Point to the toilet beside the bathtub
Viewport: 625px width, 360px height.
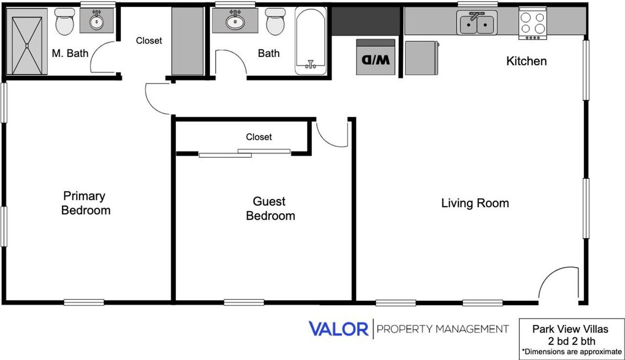point(274,22)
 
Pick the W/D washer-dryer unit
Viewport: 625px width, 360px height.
point(375,58)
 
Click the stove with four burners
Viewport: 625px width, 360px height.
point(532,23)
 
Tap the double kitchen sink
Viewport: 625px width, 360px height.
point(477,23)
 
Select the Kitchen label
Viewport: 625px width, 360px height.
point(526,61)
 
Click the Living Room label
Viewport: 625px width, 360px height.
point(475,203)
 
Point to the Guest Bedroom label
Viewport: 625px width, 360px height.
point(270,209)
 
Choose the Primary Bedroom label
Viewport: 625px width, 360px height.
point(85,203)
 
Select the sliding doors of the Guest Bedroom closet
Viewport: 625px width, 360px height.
point(244,153)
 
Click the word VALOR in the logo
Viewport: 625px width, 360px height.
point(338,329)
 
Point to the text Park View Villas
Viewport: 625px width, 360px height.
point(571,330)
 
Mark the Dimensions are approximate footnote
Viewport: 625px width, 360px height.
point(571,351)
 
